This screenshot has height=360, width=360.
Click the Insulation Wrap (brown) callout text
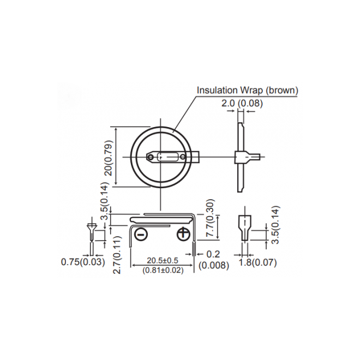[x=248, y=90]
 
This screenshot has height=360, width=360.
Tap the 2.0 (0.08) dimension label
[x=242, y=103]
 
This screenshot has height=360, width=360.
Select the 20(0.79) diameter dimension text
[x=109, y=158]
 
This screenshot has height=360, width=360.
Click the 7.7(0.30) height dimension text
[x=210, y=218]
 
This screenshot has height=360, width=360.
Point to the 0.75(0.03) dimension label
[x=83, y=262]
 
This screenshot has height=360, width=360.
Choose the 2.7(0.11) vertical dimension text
[x=117, y=255]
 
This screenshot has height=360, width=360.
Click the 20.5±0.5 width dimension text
[x=163, y=261]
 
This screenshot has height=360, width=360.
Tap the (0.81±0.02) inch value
[x=163, y=270]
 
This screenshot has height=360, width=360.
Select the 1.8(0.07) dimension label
[x=258, y=263]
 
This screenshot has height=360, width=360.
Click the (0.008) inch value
[x=214, y=265]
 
